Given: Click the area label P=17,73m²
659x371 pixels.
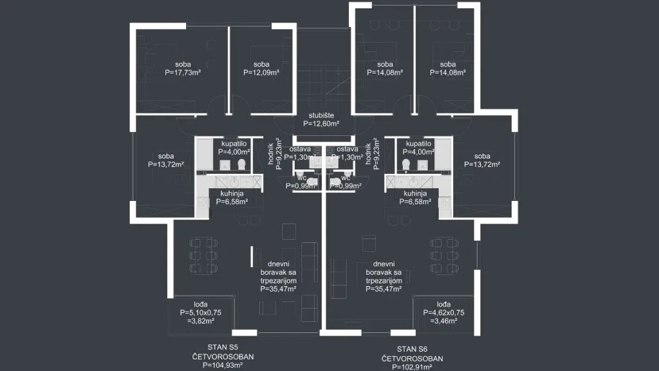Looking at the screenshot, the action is coord(183,72).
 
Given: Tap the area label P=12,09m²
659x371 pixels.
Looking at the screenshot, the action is coord(261,72).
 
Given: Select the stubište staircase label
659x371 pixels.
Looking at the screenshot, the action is coord(321,115).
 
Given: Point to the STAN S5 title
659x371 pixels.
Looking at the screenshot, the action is coord(223,347).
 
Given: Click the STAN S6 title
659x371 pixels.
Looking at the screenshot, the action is coord(413,349).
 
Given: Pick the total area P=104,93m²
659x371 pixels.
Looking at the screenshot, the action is coord(223,365).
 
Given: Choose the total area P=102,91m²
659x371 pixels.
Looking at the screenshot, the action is coord(413,366).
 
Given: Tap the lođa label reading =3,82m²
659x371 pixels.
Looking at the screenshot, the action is coord(201,321).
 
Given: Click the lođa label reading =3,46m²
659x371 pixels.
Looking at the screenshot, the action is coord(443,321).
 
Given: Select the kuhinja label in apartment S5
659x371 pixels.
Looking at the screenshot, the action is coord(232,193).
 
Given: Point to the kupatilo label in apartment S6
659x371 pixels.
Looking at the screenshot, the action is coord(418,144).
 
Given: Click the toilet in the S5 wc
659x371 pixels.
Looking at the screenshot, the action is coord(311,182).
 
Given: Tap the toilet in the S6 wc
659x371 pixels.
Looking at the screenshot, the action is coord(335,182).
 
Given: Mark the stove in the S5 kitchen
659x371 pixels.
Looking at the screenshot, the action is coord(203,203).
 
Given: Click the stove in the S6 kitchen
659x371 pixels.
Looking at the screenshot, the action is coord(445,203).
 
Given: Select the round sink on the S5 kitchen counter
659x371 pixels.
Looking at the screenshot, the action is coord(234,182).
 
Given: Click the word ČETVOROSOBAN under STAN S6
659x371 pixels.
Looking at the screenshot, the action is coord(413,359).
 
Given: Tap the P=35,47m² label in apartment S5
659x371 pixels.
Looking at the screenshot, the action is coord(278,289).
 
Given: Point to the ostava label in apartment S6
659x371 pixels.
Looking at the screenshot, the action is coord(347,149).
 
